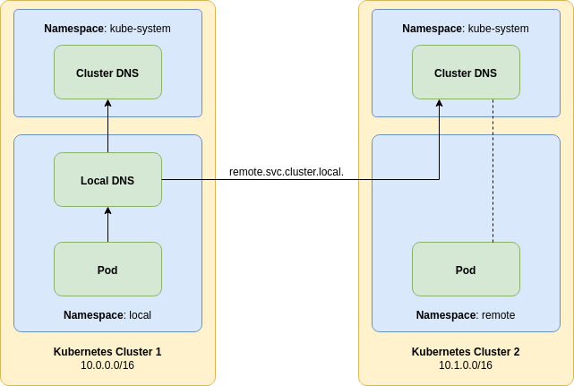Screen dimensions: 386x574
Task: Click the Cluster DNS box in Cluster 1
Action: pos(107,73)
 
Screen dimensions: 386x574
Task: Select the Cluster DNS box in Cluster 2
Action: pos(466,73)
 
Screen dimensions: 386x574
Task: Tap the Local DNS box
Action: pos(107,180)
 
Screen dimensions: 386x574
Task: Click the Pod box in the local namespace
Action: pos(107,270)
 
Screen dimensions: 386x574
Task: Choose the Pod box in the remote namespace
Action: pos(466,270)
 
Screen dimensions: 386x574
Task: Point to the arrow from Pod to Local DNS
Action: pos(107,226)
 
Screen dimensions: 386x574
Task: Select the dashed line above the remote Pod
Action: pos(493,170)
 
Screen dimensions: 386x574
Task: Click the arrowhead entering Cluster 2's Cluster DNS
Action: pos(439,105)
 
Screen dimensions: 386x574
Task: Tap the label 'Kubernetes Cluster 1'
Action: pos(107,352)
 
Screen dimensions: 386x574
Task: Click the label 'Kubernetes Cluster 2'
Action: pos(466,352)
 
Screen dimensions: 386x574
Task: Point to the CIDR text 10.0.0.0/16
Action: pos(107,365)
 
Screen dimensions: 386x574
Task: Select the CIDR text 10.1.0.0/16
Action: pos(466,365)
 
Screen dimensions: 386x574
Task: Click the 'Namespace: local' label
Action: pos(107,315)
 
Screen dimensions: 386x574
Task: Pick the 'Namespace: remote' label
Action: pos(466,315)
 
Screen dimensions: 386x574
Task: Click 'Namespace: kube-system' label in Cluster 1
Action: pos(107,29)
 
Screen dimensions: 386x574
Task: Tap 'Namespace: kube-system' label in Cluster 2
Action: pos(466,29)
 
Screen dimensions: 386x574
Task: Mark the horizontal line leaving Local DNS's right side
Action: pos(188,180)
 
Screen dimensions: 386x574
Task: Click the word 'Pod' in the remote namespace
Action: pos(466,270)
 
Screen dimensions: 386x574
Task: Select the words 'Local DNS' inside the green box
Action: pos(107,181)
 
